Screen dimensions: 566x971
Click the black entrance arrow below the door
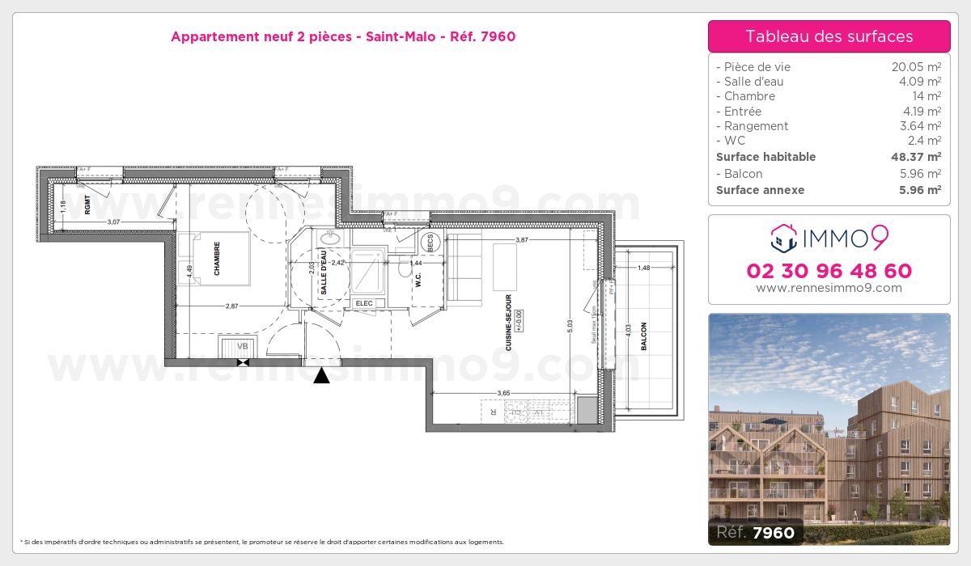pos(322,375)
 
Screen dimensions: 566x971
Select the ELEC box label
pos(363,303)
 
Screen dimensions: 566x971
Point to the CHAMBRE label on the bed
pos(217,260)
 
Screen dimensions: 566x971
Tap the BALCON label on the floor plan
pos(644,336)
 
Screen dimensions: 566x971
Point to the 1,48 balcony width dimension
pos(644,268)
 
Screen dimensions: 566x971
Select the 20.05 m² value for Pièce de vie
pos(915,67)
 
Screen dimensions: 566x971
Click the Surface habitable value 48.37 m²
pos(910,157)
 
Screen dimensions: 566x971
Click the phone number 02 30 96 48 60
pos(829,271)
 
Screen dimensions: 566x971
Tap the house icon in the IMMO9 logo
pos(782,237)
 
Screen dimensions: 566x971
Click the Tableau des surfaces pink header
pos(829,36)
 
